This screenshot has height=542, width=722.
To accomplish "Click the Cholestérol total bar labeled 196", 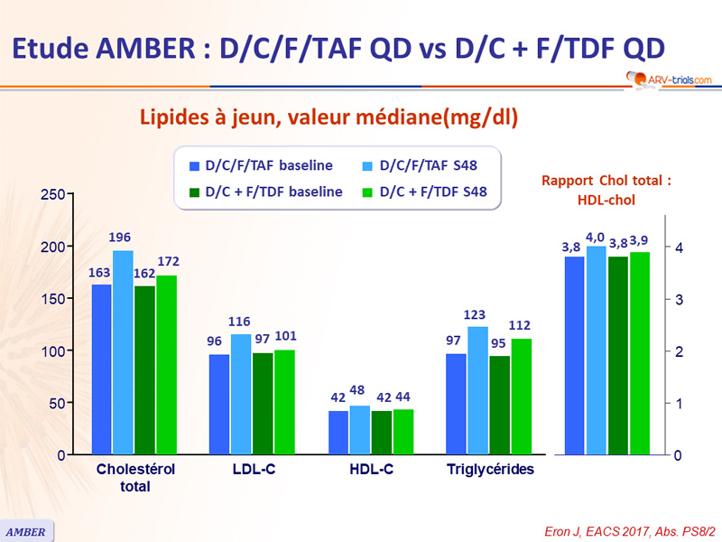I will (x=123, y=352).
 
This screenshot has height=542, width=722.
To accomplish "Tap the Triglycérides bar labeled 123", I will (x=477, y=390).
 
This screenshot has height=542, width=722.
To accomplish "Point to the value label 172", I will (x=169, y=262).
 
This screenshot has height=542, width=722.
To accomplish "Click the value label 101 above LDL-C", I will (x=285, y=337).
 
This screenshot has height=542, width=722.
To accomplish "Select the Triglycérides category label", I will (x=490, y=470).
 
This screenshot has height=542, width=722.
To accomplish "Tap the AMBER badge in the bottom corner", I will (x=26, y=531).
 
